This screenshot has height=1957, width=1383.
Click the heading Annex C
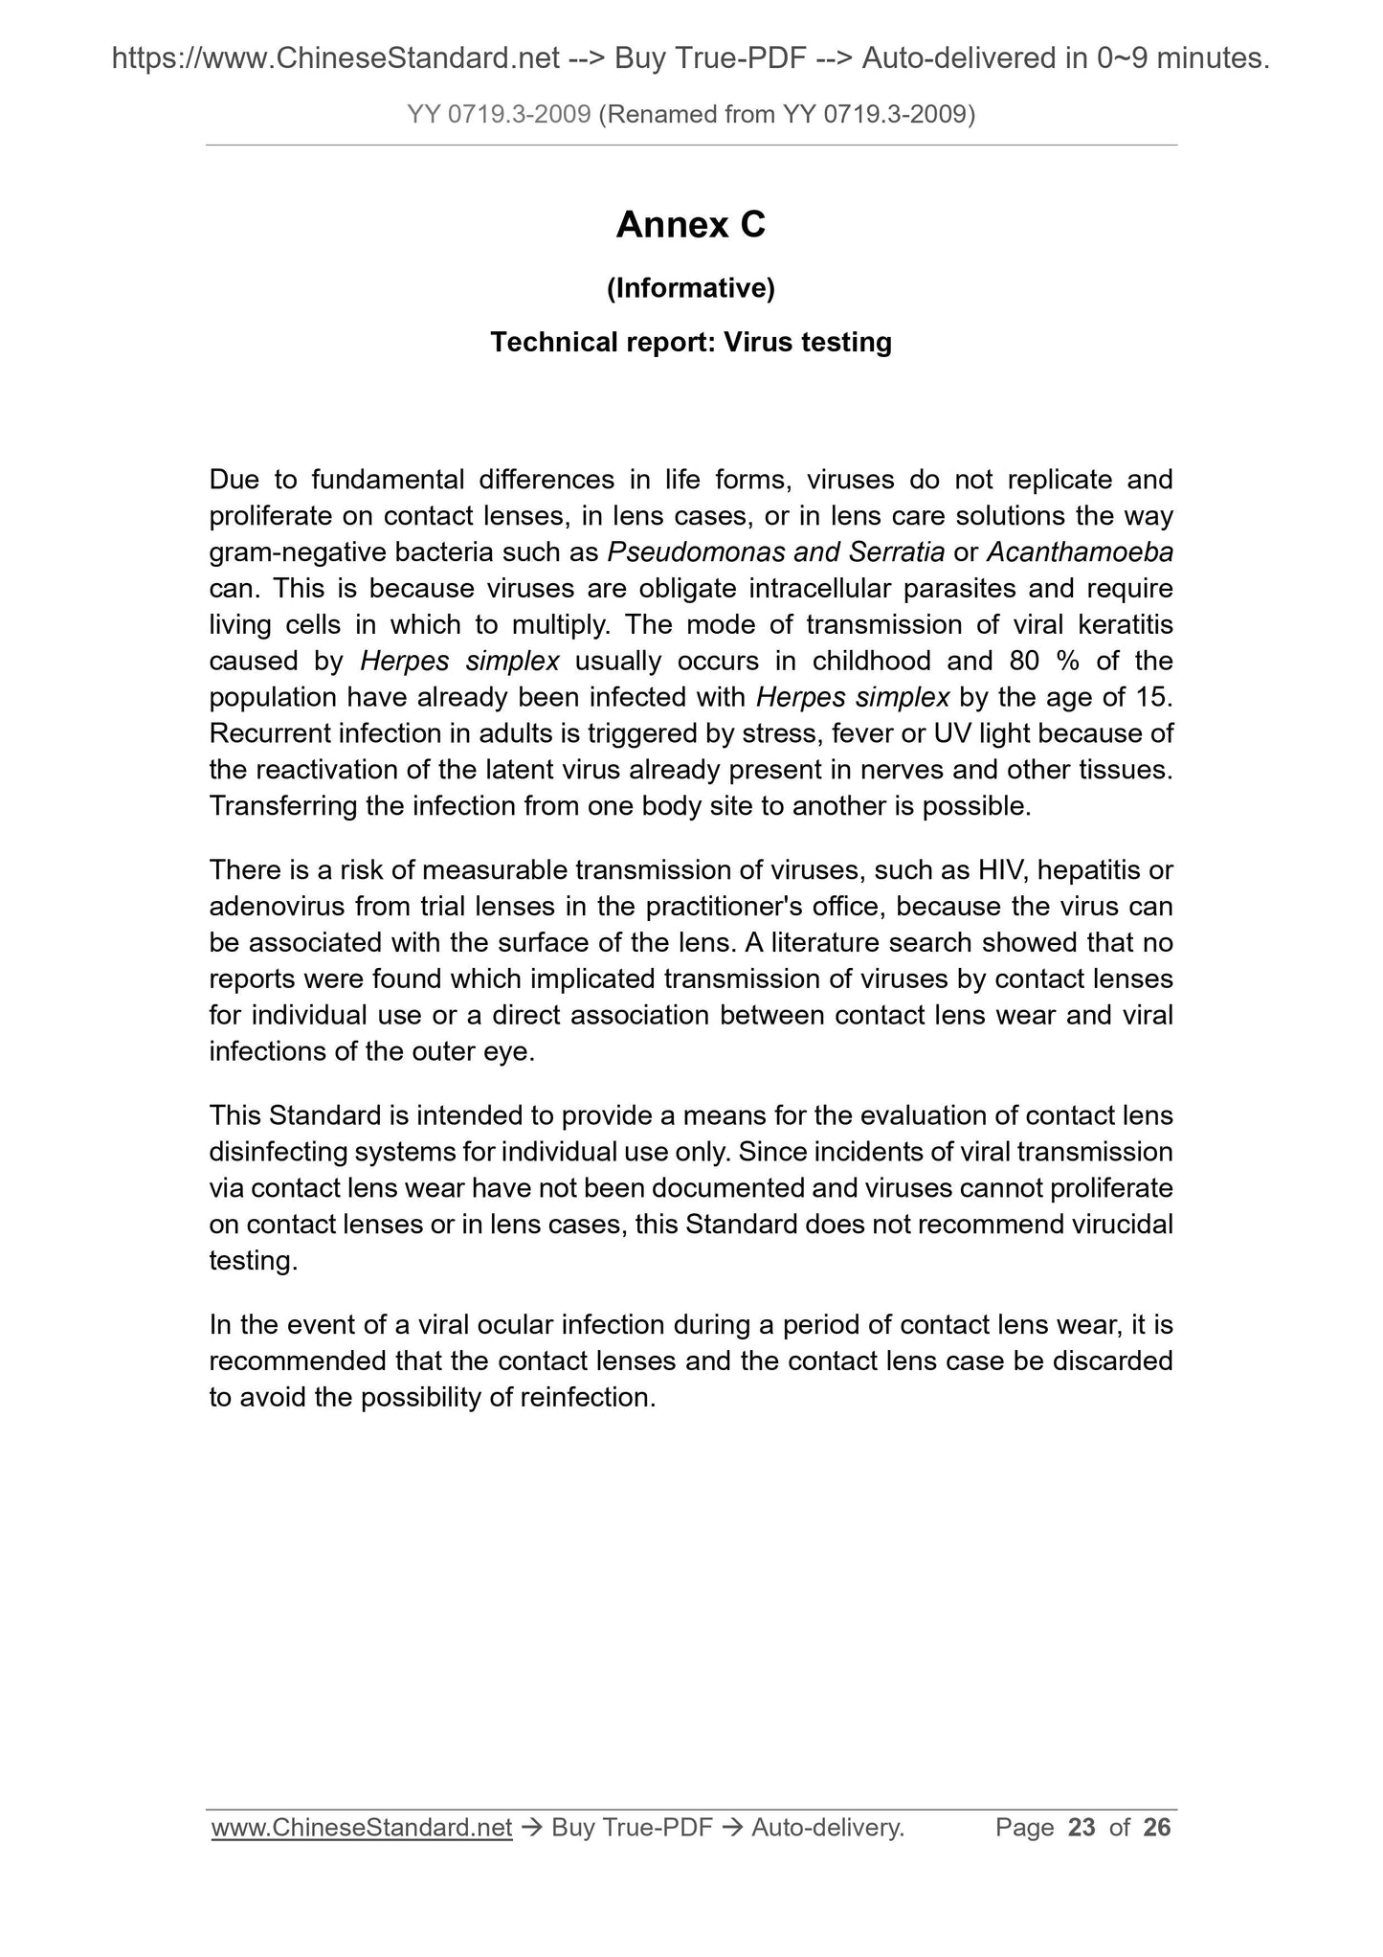click(690, 226)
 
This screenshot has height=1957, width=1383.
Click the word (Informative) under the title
click(690, 287)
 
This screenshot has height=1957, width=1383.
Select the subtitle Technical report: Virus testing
click(690, 342)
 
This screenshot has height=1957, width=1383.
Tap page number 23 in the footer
click(1082, 1828)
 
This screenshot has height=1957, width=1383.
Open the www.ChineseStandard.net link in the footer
click(362, 1828)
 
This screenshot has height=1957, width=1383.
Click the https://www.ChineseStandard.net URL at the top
click(336, 59)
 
